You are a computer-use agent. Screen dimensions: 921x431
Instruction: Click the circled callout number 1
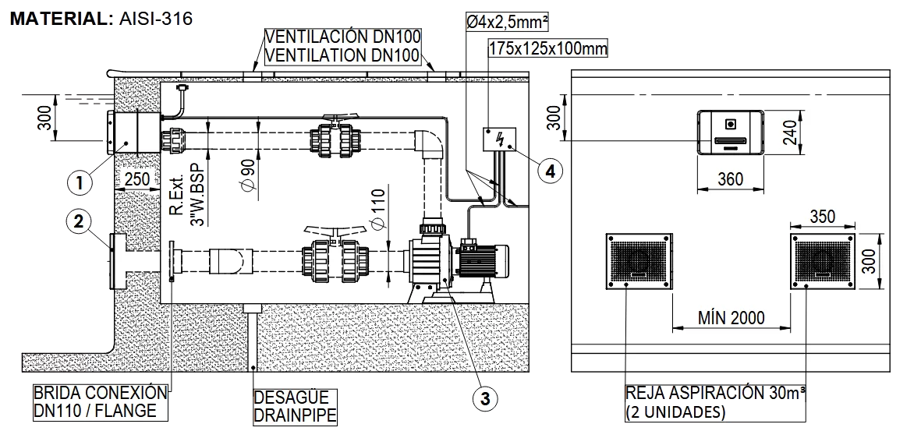(80, 182)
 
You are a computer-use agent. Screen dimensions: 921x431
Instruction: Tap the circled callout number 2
(79, 221)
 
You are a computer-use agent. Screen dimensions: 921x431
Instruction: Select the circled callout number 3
(485, 399)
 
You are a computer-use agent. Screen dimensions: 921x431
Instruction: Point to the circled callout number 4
(551, 170)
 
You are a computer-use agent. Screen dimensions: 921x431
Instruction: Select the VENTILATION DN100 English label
(343, 56)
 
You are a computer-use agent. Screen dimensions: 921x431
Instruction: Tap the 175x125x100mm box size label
(547, 48)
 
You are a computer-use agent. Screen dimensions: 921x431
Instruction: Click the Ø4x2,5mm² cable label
(508, 22)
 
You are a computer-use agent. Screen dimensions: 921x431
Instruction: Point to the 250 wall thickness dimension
(137, 179)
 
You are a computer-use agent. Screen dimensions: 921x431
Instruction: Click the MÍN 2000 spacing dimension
(731, 318)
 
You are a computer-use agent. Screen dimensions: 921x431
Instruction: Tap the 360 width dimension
(729, 178)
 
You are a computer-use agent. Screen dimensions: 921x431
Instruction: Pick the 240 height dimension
(789, 133)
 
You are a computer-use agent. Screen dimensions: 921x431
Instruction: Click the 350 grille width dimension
(821, 216)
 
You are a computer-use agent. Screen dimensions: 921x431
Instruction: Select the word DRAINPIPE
(296, 415)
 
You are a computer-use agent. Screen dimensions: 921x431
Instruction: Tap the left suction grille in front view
(639, 261)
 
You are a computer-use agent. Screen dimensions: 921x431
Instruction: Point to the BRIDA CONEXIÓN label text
(101, 393)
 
